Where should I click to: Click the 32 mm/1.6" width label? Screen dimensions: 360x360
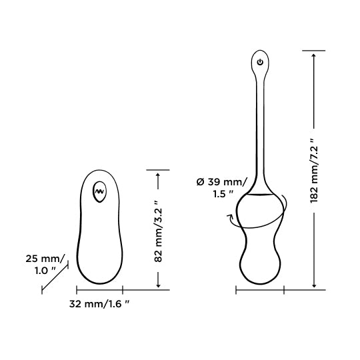pos(99,304)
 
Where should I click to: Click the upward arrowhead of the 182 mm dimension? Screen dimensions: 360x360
pos(313,56)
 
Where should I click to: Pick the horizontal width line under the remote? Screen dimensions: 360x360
pos(99,290)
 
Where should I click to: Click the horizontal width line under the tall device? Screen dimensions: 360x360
pos(260,290)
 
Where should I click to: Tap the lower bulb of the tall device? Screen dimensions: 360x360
pos(261,263)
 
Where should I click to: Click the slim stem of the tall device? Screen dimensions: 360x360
pos(261,127)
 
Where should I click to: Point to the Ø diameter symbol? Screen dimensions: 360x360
pos(200,181)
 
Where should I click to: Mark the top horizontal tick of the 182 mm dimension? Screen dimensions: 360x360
pos(313,50)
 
